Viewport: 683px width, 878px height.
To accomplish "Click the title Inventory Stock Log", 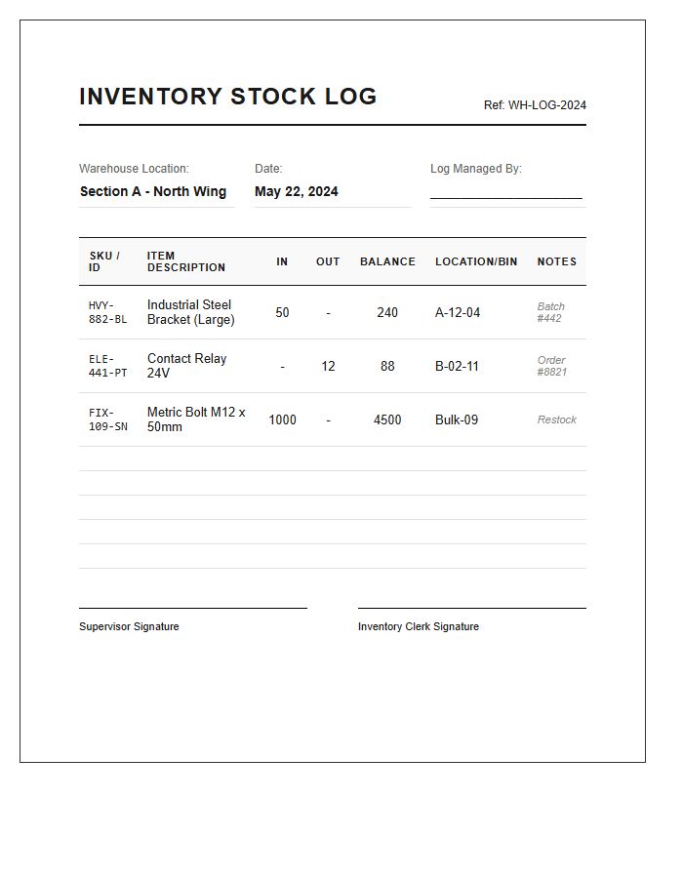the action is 227,97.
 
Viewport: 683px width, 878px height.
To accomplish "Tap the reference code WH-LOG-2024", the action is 535,105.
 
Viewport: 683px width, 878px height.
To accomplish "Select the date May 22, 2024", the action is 296,191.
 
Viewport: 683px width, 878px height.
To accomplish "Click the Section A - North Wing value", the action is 153,191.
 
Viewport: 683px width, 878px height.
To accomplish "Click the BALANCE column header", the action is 387,261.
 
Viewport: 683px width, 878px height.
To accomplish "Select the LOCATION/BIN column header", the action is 476,261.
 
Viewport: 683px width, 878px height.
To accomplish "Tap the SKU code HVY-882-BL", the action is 107,312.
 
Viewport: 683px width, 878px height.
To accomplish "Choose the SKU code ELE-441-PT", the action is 107,366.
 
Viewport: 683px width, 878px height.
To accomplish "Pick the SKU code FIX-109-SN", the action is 107,419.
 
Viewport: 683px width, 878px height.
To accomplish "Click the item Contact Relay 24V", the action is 186,366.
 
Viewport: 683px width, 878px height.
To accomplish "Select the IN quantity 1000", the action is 282,419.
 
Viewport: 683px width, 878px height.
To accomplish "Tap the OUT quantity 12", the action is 328,366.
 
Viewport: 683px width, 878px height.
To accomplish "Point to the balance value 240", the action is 387,312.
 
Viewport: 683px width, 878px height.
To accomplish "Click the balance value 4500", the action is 387,419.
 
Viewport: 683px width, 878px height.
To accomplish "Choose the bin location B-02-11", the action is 457,366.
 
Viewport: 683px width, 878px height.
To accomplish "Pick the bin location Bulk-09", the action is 456,419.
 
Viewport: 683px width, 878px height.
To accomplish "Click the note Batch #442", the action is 550,312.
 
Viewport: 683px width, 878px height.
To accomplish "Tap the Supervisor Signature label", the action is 129,626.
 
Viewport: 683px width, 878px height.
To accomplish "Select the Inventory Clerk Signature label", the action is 418,626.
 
